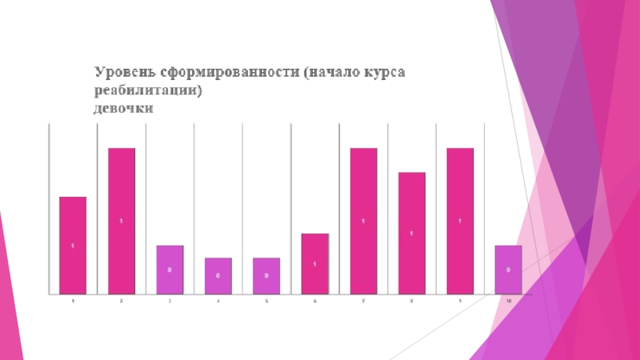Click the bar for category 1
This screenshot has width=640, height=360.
point(73,245)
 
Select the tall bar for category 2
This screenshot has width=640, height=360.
point(122,221)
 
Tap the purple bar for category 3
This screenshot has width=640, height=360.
point(170,269)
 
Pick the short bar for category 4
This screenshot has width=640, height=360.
point(218,275)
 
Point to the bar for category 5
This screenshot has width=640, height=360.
point(266,275)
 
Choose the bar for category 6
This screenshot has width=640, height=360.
point(315,263)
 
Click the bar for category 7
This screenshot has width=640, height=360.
point(363,221)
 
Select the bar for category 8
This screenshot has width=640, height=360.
point(411,233)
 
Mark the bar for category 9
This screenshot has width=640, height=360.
point(460,221)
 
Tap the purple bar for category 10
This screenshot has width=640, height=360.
point(508,269)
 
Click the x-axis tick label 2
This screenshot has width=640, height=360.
point(122,301)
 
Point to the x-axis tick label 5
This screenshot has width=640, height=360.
point(266,301)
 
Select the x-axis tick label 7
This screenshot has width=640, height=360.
point(363,301)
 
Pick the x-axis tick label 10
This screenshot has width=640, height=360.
point(508,301)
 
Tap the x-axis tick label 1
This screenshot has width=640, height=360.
point(73,301)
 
